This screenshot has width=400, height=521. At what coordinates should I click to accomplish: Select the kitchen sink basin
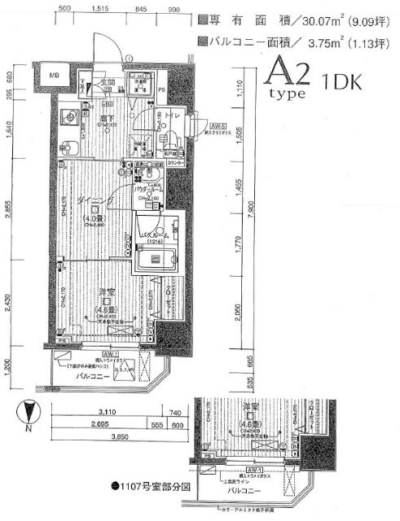click(70, 148)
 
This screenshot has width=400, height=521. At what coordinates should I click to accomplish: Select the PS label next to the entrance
click(161, 89)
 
